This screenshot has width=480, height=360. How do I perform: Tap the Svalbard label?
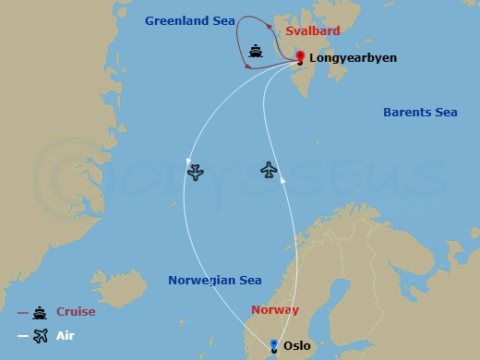click(313, 30)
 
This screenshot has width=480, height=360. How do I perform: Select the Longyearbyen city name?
click(354, 57)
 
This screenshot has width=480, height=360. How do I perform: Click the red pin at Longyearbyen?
click(300, 58)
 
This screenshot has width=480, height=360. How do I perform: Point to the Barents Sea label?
click(420, 113)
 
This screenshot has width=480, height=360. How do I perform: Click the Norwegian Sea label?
click(214, 280)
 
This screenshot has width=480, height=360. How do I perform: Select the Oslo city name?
click(297, 346)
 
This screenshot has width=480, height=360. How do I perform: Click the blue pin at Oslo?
click(273, 346)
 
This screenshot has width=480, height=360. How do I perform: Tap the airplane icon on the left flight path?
click(195, 172)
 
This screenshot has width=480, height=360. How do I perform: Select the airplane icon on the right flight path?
click(269, 170)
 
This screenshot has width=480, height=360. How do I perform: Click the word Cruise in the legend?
click(76, 312)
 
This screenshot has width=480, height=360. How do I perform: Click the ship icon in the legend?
click(40, 312)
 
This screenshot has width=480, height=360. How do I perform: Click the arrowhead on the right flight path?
click(283, 182)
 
